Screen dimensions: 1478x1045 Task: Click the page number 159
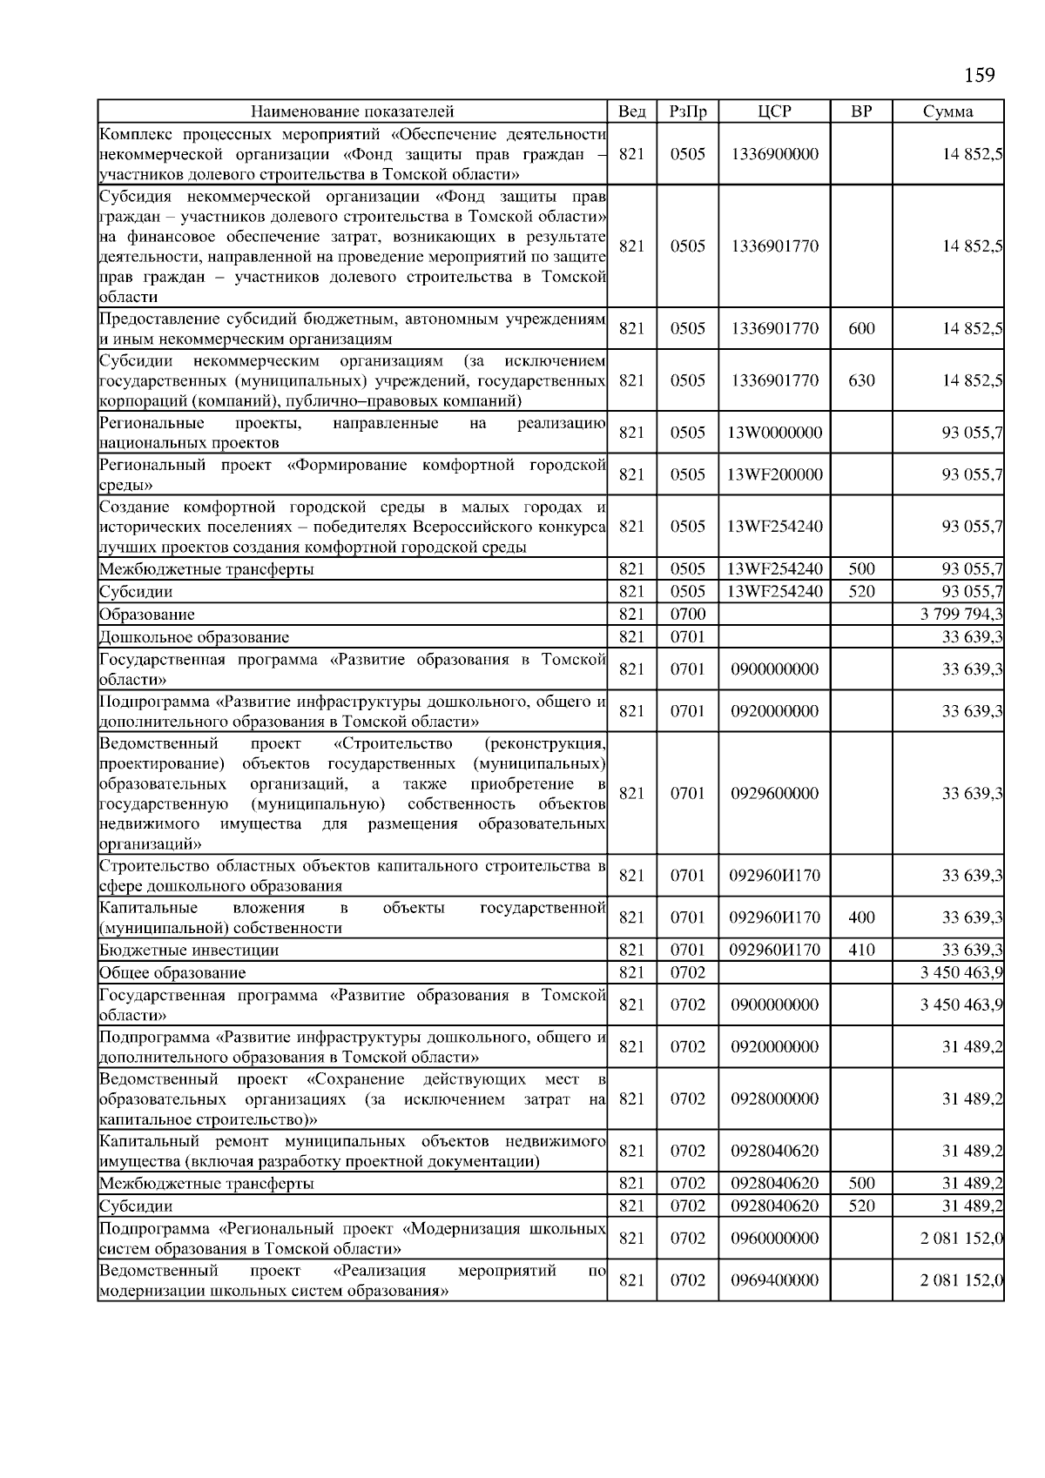pos(979,75)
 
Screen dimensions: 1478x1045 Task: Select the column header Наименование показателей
pos(352,111)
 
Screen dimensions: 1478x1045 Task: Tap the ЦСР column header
pos(774,111)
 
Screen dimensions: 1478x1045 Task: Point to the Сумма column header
pos(947,111)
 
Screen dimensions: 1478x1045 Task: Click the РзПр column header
pos(687,111)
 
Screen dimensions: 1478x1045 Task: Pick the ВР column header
pos(860,111)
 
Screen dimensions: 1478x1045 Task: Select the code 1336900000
pos(774,154)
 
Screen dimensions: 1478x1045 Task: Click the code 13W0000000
pos(774,433)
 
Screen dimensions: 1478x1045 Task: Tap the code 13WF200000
pos(774,474)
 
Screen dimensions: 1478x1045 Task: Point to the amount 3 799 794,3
pos(961,615)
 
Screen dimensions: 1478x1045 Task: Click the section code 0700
pos(687,615)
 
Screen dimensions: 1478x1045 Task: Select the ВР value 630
pos(860,380)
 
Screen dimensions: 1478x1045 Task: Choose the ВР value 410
pos(860,951)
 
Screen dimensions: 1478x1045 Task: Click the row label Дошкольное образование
pos(194,637)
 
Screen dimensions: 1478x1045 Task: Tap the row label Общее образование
pos(172,973)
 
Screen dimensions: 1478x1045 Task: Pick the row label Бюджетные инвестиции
pos(189,951)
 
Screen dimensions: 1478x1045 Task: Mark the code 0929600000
pos(774,793)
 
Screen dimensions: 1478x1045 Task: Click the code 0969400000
pos(774,1280)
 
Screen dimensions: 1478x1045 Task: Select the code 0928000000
pos(774,1098)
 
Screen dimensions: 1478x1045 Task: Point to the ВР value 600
pos(860,328)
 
